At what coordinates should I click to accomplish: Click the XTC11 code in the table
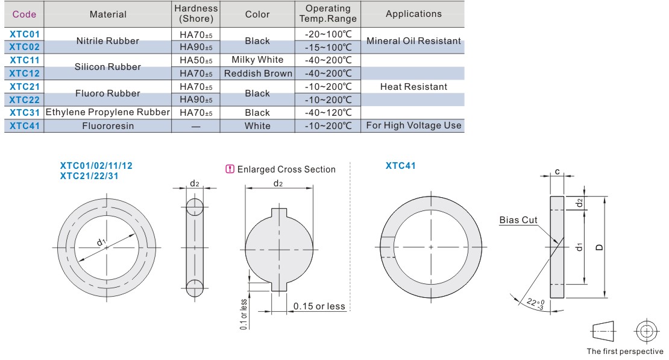tap(24, 60)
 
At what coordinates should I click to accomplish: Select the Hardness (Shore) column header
tap(196, 14)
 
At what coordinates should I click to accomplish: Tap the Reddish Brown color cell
tap(258, 74)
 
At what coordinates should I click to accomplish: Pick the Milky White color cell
tap(257, 60)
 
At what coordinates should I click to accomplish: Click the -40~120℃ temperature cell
tap(328, 113)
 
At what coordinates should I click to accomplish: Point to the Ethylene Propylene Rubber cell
tap(107, 112)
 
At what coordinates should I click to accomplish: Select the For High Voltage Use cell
tap(413, 125)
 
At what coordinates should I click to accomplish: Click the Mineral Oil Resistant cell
tap(413, 41)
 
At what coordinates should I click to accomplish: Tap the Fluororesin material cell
tap(108, 126)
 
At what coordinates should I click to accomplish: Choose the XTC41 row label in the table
tap(24, 126)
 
